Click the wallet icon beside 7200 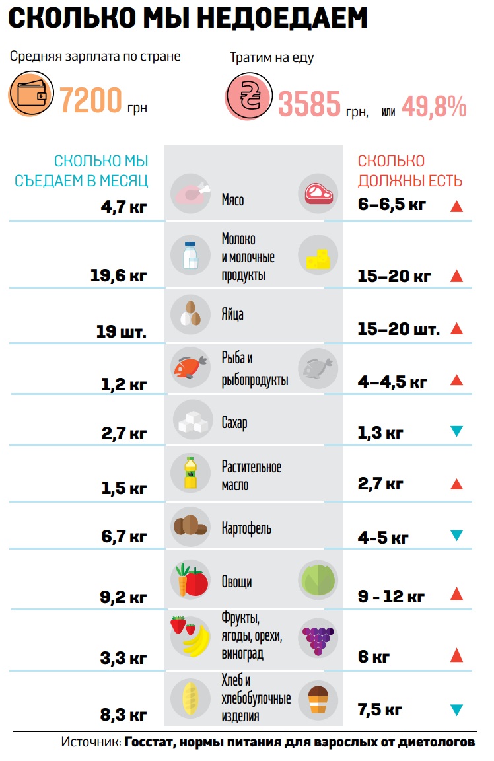(30, 95)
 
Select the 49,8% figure (434, 106)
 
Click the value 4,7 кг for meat (123, 207)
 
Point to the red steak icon (318, 194)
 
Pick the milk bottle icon (190, 254)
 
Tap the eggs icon (190, 314)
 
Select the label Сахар (234, 422)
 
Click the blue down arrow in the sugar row (456, 431)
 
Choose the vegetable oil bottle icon (190, 473)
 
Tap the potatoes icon (190, 525)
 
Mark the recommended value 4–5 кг (383, 537)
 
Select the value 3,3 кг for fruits (123, 658)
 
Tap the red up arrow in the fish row (456, 380)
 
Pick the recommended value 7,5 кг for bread (380, 710)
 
